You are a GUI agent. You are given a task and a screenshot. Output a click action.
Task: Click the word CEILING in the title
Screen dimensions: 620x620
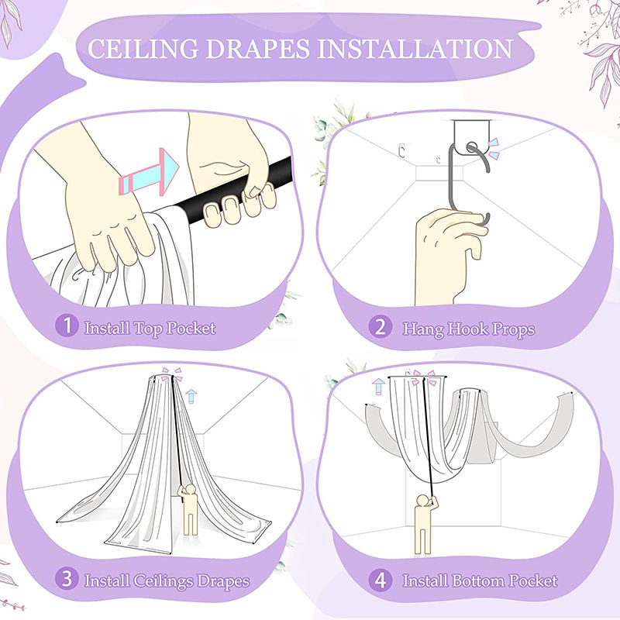[143, 49]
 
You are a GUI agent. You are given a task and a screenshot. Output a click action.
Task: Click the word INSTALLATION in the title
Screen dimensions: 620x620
[415, 49]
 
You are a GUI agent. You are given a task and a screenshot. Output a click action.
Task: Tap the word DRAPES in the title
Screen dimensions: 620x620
[258, 49]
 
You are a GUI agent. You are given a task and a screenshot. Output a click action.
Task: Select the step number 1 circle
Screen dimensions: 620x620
[67, 325]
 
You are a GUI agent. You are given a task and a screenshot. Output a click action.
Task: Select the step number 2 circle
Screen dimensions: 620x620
[381, 326]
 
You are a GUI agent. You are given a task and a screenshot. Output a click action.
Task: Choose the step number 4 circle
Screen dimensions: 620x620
[381, 580]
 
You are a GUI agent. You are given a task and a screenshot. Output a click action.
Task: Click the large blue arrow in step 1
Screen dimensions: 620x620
[149, 172]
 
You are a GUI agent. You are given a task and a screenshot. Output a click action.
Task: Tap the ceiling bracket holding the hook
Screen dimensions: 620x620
[471, 137]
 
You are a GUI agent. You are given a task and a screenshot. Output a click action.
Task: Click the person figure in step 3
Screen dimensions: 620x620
[189, 509]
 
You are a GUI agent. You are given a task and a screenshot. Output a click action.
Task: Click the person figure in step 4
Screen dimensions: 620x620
[424, 524]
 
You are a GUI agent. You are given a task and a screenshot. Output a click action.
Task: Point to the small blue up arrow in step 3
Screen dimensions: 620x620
[191, 396]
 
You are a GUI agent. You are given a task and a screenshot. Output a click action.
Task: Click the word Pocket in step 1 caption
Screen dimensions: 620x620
[191, 328]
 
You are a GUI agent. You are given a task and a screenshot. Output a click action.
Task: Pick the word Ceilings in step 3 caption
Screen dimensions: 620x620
[163, 581]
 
